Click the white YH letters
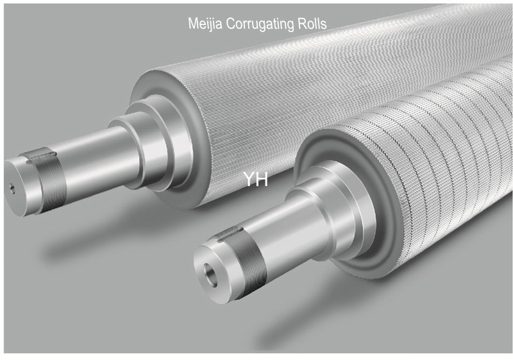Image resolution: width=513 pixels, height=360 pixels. click(x=255, y=180)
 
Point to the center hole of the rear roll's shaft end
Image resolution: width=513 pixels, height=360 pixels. click(x=12, y=188)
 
